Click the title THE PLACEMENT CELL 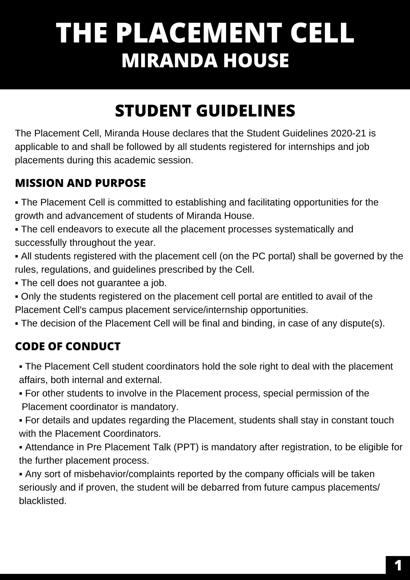coord(205,33)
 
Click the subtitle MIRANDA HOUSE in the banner coord(205,60)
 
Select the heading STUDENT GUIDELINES coord(205,111)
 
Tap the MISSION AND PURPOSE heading coord(80,183)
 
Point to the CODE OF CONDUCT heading coord(68,346)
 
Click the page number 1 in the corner coord(398,566)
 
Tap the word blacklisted coord(42,501)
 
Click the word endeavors coord(79,229)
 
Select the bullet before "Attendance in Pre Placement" coord(21,447)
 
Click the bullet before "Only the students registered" coord(17,297)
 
